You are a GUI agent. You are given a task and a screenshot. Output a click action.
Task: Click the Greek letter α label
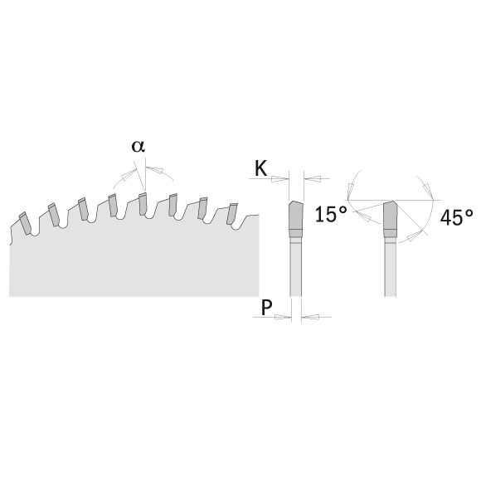tap(138, 146)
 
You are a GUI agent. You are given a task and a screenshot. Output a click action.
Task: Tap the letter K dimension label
tap(261, 168)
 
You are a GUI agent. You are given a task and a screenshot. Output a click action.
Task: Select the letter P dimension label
tap(266, 307)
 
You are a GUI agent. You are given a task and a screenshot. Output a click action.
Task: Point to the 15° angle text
tap(331, 214)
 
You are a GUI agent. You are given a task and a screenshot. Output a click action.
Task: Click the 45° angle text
tap(456, 217)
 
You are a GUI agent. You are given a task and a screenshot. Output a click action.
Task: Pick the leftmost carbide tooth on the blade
tap(25, 223)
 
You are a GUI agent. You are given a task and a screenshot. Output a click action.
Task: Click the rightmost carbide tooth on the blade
tap(231, 214)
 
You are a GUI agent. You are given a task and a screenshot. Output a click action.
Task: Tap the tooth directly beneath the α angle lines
tap(142, 204)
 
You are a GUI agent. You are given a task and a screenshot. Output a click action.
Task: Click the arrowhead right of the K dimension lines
tap(313, 178)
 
